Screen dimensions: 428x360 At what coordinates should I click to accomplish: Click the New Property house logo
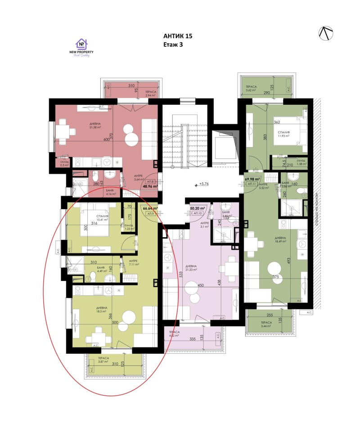click(x=81, y=44)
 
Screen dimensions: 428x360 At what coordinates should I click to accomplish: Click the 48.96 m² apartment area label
click(x=150, y=185)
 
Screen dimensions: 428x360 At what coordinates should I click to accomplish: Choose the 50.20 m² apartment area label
click(x=198, y=209)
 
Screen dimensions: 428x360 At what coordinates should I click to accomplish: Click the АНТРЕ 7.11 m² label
click(x=133, y=262)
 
